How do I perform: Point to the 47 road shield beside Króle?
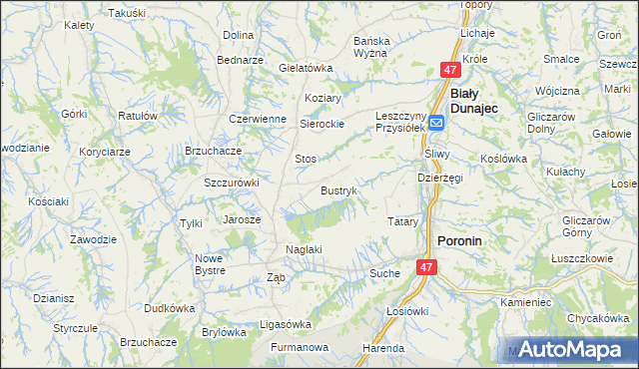tap(450, 70)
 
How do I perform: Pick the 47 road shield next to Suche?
tap(426, 267)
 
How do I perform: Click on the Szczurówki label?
tap(232, 183)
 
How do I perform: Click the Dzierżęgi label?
tap(440, 178)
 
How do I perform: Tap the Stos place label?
tap(306, 159)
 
